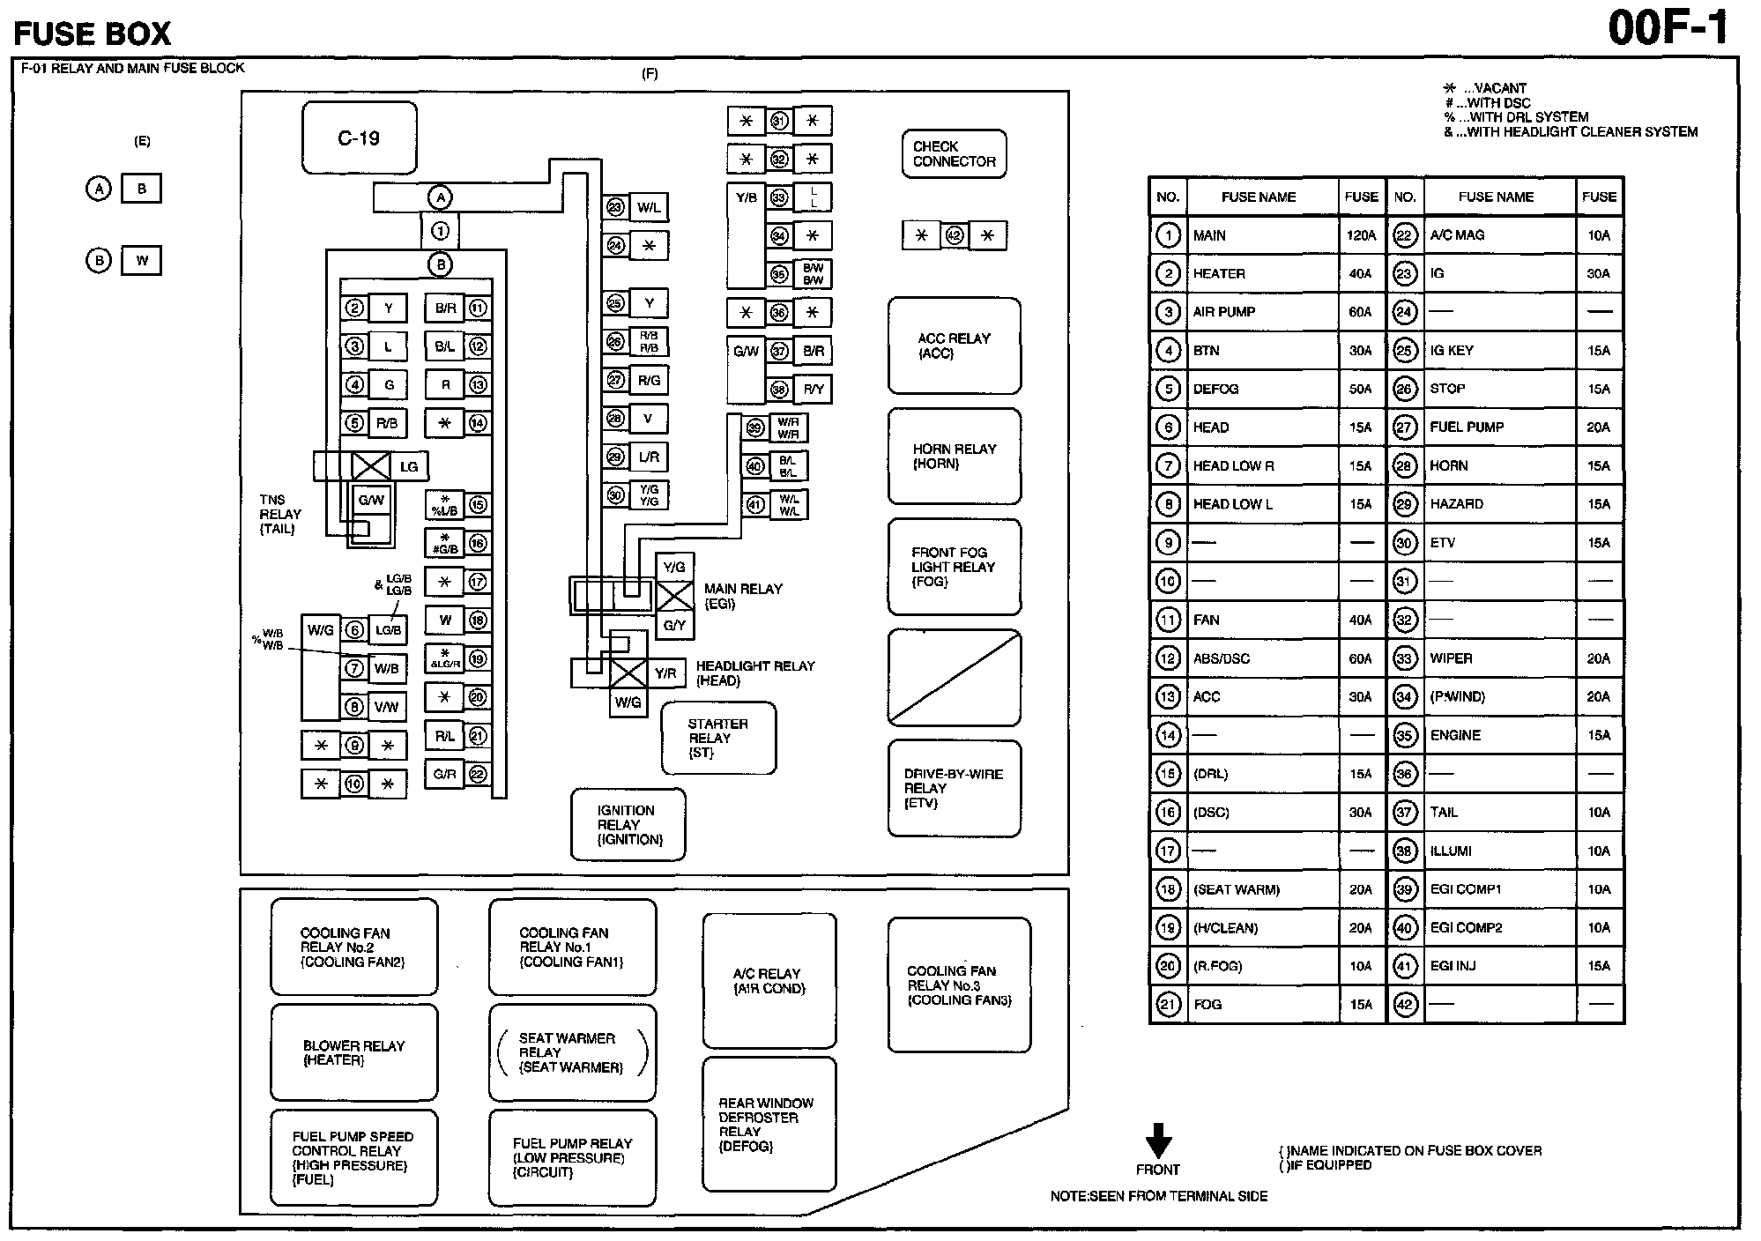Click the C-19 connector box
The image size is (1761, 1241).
pos(359,138)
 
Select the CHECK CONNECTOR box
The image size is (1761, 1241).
pos(954,154)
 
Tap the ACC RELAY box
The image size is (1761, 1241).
pos(954,346)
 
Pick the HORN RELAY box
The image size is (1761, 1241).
pos(954,456)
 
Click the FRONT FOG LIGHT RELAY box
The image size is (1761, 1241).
pos(954,567)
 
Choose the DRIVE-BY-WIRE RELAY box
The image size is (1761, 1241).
pos(954,788)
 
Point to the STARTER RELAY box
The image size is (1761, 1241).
pos(718,738)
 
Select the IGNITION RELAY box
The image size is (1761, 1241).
pos(628,824)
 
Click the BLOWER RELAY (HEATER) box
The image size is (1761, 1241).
pos(353,1052)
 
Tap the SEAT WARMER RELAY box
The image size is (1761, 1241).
pos(572,1052)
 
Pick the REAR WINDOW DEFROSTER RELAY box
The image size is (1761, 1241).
pos(769,1124)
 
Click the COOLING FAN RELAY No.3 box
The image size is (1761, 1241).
pos(959,985)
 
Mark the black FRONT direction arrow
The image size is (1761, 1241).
pos(1158,1141)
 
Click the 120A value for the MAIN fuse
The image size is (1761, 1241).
pos(1361,235)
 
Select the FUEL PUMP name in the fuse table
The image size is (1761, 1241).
pos(1467,427)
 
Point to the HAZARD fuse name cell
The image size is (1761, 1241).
pos(1457,504)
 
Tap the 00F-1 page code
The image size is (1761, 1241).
pos(1668,29)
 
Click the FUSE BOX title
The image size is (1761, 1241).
pos(93,33)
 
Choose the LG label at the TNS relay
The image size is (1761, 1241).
pos(409,466)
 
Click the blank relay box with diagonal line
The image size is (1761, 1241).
pos(954,677)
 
